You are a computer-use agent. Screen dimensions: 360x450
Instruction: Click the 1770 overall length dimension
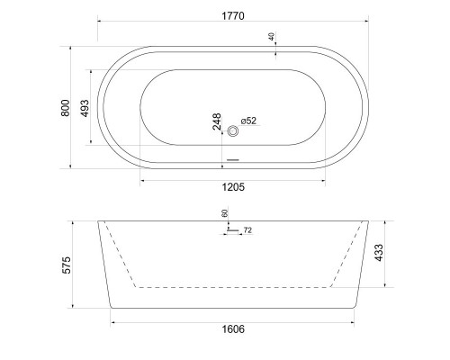point(232,15)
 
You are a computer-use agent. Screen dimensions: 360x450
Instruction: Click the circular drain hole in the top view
point(233,131)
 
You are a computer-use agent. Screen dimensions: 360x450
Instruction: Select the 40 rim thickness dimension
point(272,37)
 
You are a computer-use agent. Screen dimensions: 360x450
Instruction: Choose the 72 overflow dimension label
point(247,231)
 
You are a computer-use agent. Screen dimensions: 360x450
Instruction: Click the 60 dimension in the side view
point(225,213)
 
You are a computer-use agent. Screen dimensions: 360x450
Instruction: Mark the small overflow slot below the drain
point(233,160)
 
